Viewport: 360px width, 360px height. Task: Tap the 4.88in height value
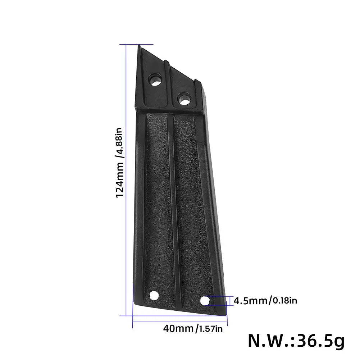coord(120,144)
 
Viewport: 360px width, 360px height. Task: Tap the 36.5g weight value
coord(319,340)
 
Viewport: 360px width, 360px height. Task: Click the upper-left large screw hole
coord(156,80)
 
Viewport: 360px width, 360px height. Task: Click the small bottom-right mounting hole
coord(205,300)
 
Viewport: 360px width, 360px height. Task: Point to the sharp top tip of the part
coord(139,46)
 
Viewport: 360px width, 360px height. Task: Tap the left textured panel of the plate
coord(156,201)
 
